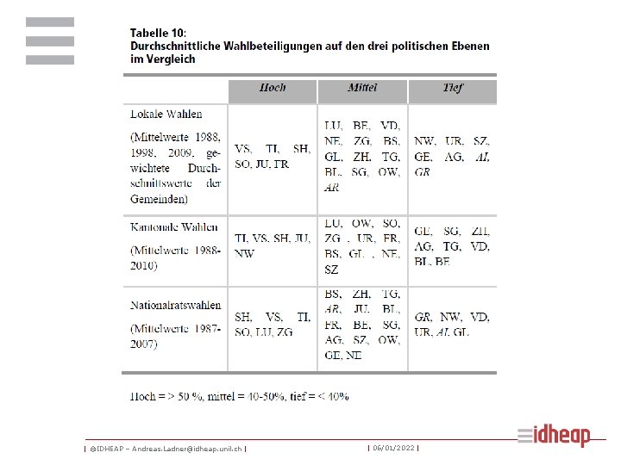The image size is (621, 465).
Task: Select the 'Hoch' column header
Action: [273, 89]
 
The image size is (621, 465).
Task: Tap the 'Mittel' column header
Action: [362, 89]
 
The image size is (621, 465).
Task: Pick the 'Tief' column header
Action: [453, 89]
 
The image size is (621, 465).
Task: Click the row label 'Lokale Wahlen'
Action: [166, 113]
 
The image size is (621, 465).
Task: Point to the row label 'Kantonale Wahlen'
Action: [174, 227]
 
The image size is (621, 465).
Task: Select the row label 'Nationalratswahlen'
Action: [176, 305]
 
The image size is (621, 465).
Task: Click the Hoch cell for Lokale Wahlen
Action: [273, 156]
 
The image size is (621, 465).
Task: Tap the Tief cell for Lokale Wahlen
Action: [452, 156]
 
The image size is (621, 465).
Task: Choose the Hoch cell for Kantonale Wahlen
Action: [273, 245]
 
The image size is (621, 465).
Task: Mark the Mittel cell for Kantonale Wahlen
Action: [362, 246]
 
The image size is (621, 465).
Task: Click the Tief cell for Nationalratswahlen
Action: [452, 324]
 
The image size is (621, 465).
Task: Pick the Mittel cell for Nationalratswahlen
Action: [362, 324]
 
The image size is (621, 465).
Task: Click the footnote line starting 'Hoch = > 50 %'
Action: [239, 396]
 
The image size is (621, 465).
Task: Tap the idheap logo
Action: [554, 436]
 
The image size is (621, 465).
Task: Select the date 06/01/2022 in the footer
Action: [393, 449]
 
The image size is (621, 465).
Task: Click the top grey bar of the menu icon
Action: [50, 22]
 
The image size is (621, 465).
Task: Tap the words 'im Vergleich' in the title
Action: [163, 59]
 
